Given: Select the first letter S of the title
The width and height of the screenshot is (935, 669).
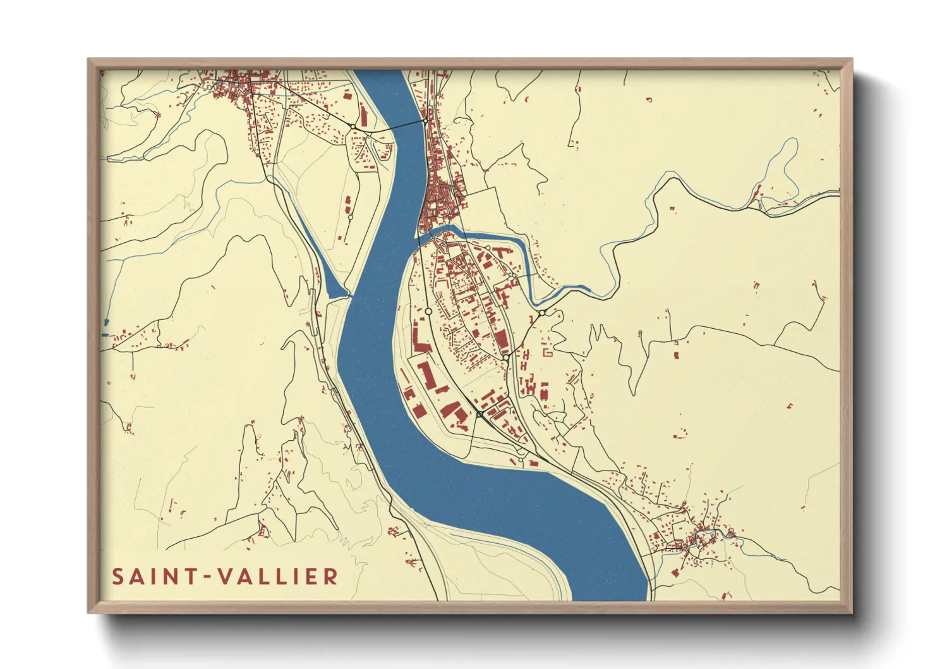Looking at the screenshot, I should (118, 577).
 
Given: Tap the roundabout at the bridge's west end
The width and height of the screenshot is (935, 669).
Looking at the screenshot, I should (353, 128).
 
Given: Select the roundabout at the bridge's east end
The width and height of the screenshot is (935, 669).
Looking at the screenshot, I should (426, 120).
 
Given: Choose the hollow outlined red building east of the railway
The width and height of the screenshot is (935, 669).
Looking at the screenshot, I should (548, 352).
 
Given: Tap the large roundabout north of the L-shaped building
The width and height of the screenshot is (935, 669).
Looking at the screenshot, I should (428, 311).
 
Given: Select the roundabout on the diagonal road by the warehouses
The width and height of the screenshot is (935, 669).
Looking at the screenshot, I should (480, 414).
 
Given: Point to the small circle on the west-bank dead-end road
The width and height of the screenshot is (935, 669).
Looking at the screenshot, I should (351, 217).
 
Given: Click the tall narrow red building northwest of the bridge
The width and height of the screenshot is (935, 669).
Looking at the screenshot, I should (364, 117).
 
